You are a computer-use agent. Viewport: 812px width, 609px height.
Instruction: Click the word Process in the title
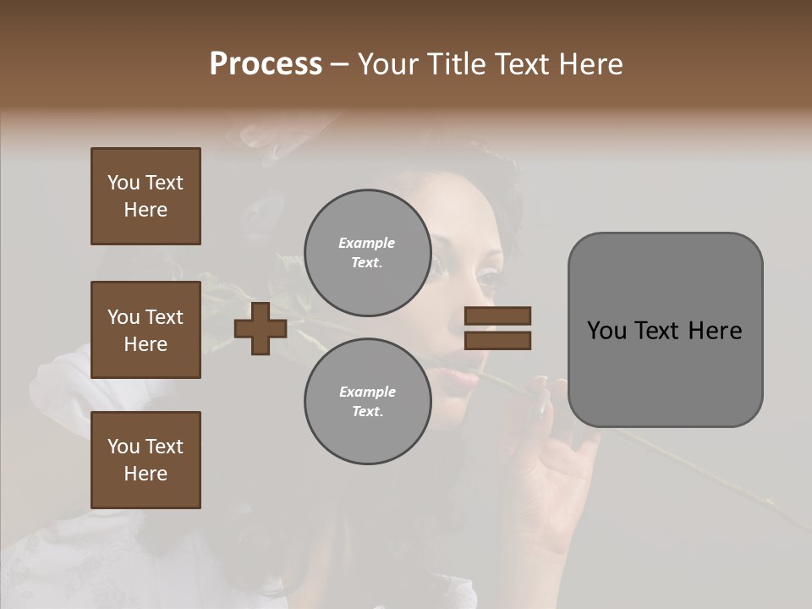click(266, 64)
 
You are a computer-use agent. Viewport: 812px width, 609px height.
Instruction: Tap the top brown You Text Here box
click(145, 196)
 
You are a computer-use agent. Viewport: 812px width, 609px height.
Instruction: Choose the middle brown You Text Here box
click(145, 330)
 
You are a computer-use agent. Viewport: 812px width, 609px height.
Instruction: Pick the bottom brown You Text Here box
click(145, 460)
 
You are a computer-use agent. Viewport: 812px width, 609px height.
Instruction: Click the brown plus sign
click(261, 328)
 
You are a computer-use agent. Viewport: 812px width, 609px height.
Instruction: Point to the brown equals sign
click(497, 328)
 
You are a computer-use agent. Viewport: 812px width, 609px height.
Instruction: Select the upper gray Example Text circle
click(367, 253)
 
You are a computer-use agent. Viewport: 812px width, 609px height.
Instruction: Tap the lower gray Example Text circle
click(367, 402)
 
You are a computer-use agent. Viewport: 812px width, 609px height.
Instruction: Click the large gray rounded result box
click(665, 330)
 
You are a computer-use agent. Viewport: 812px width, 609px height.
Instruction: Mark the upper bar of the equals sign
click(497, 316)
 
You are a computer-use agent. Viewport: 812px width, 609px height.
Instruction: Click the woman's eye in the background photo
click(488, 277)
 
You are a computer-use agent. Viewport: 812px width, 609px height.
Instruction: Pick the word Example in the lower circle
click(367, 392)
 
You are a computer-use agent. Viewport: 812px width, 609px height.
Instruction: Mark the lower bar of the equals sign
click(497, 340)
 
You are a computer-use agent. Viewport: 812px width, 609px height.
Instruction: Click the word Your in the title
click(389, 64)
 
